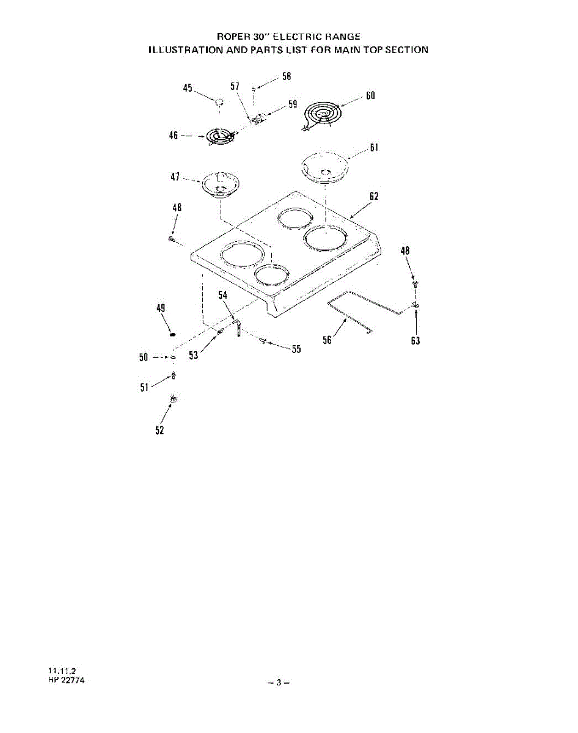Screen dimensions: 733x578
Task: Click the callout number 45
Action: (188, 89)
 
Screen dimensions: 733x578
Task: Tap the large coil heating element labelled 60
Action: (322, 114)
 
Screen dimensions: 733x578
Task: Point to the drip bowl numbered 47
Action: (221, 184)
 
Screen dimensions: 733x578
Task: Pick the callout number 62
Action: (374, 196)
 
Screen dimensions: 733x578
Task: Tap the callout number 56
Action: (327, 340)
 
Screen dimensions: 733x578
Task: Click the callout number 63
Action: (415, 341)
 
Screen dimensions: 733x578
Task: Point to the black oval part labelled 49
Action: (172, 334)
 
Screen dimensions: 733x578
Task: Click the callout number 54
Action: (224, 295)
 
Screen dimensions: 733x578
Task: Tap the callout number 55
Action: (296, 350)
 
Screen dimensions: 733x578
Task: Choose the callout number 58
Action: (287, 76)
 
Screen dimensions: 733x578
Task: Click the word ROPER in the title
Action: (231, 37)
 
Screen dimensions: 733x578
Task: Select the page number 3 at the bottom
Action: (279, 682)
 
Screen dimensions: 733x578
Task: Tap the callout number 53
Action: (193, 356)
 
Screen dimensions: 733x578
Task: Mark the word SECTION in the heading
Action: (406, 49)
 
